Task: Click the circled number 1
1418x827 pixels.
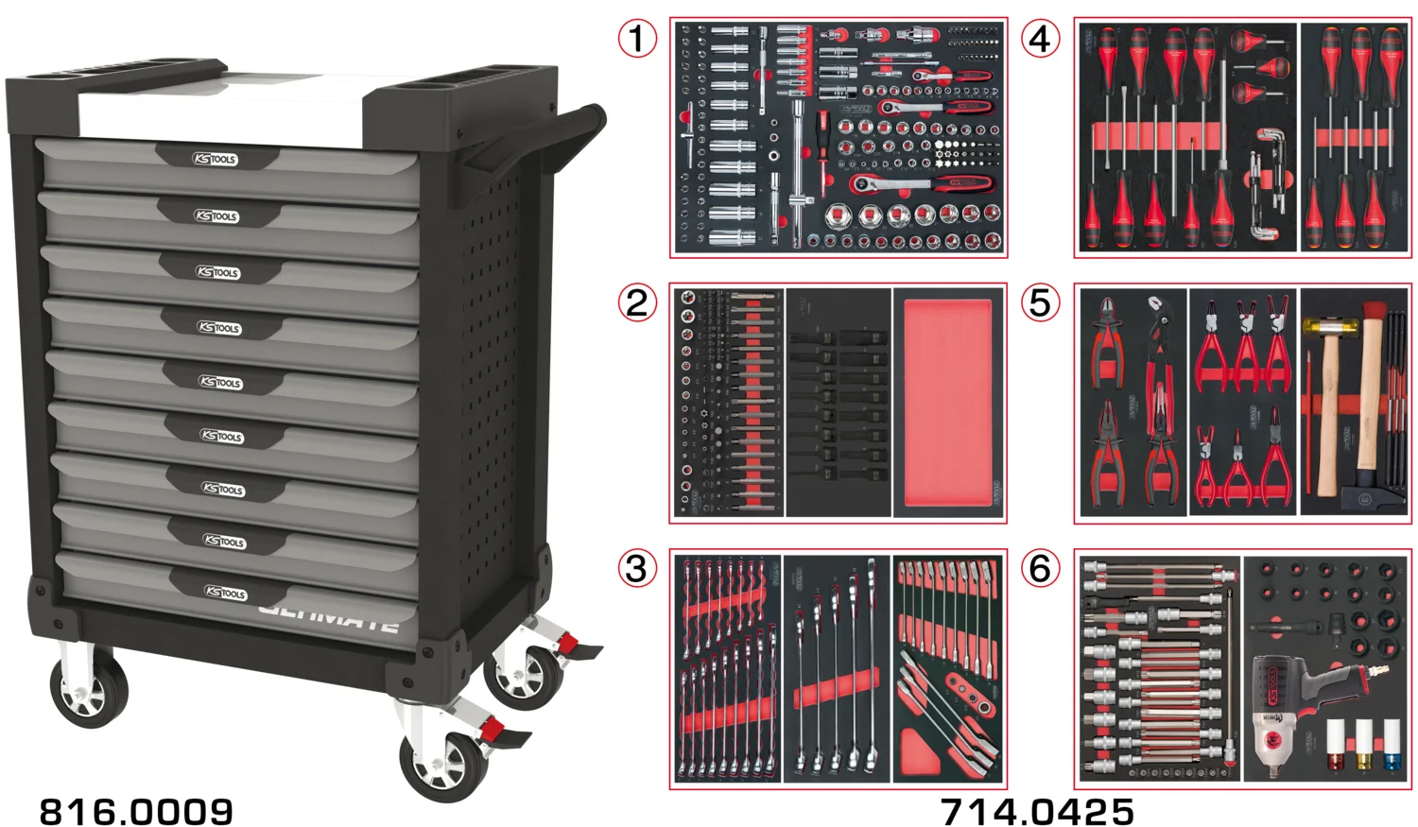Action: [x=637, y=39]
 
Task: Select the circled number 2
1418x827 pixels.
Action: [x=637, y=302]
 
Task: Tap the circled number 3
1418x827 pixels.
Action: [x=637, y=568]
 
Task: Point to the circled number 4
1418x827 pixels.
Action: [x=1040, y=39]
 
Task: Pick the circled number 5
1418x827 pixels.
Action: [x=1040, y=302]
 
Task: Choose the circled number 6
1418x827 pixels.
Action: [x=1040, y=568]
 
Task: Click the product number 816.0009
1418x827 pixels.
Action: [x=136, y=811]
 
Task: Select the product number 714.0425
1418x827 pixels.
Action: [x=1037, y=811]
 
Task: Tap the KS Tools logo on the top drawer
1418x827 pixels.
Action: [x=216, y=160]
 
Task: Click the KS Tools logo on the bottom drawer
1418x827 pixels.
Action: [x=226, y=593]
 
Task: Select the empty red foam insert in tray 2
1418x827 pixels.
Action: [x=947, y=402]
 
